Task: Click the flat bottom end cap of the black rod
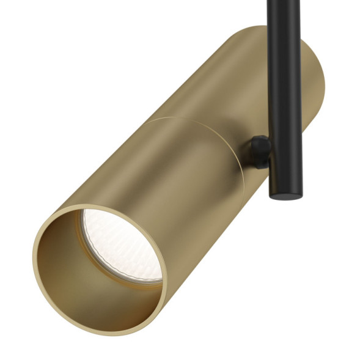[285, 194]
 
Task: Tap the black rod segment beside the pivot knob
[285, 153]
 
